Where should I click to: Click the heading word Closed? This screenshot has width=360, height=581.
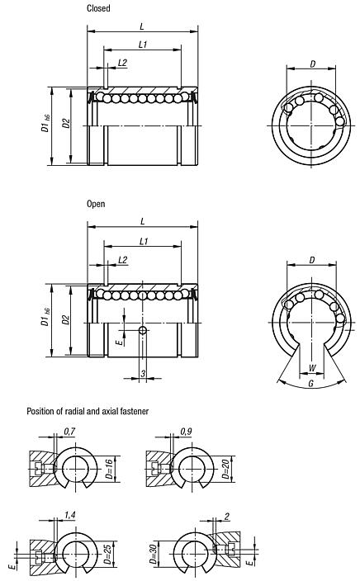(x=98, y=8)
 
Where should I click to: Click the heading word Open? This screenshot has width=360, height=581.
(x=96, y=203)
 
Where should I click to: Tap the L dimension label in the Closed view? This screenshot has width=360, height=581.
(x=143, y=26)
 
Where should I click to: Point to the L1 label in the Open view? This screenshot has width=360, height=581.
(x=143, y=241)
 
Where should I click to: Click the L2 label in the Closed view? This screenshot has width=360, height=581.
(x=122, y=62)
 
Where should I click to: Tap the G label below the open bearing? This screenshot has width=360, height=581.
(x=310, y=385)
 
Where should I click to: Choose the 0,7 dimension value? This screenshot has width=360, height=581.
(x=68, y=431)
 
